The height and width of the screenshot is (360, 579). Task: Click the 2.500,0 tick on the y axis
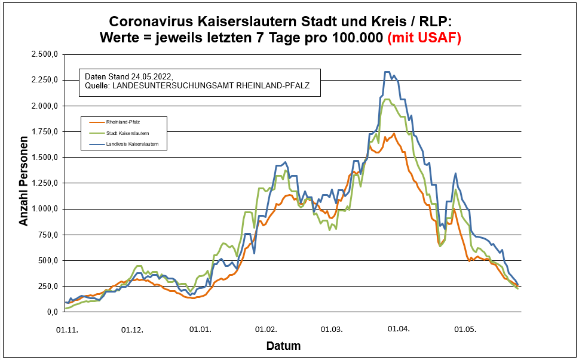point(45,54)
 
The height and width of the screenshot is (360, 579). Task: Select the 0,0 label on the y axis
point(53,312)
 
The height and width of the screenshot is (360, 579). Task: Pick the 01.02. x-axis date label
point(265,329)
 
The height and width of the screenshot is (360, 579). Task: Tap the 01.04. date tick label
point(399,329)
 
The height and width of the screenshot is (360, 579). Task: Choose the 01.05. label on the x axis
point(465,329)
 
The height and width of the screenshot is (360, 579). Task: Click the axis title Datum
point(283,346)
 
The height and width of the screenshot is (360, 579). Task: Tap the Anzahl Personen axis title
point(24,183)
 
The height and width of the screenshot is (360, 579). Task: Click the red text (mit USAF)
point(424,38)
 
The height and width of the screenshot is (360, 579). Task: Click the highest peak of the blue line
point(387,72)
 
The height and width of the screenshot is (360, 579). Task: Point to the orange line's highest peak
point(394,134)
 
